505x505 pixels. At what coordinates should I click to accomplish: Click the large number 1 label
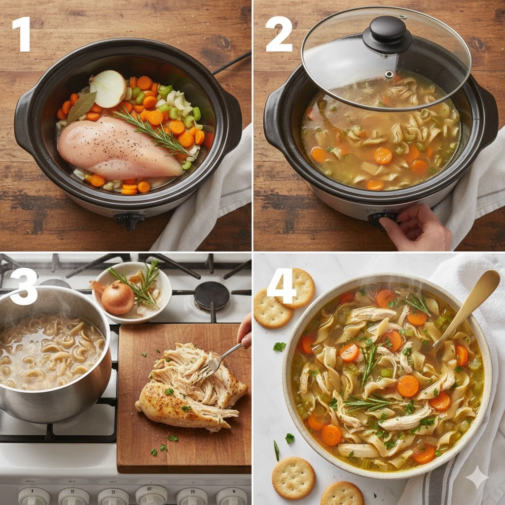pyautogui.click(x=22, y=34)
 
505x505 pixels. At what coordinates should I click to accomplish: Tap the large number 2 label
pyautogui.click(x=279, y=34)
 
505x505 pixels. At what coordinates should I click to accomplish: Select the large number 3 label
pyautogui.click(x=24, y=287)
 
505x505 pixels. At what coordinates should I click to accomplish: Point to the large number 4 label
pyautogui.click(x=281, y=287)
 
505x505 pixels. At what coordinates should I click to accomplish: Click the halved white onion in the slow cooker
pyautogui.click(x=108, y=89)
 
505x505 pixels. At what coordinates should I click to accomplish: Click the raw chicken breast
pyautogui.click(x=119, y=148)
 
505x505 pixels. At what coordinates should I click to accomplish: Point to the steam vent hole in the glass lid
pyautogui.click(x=389, y=74)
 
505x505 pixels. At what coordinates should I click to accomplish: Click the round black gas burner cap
pyautogui.click(x=212, y=296)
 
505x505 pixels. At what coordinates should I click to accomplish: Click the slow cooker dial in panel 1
pyautogui.click(x=130, y=220)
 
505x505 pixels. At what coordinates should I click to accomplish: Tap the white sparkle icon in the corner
pyautogui.click(x=477, y=477)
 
